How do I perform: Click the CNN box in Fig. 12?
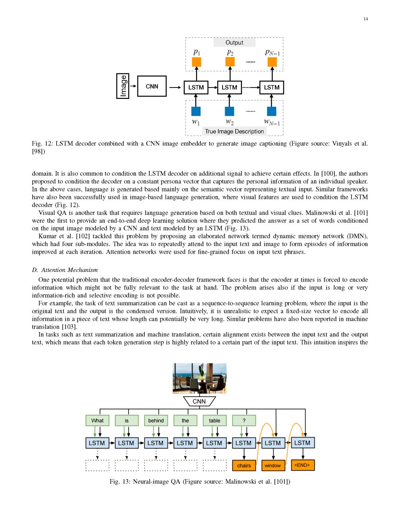[152, 86]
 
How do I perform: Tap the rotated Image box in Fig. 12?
[123, 86]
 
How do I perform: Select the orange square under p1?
[197, 62]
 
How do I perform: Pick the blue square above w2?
[230, 111]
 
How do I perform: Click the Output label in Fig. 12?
[234, 43]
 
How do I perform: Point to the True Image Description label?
[234, 132]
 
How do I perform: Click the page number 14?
[366, 19]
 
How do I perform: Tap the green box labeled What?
[97, 421]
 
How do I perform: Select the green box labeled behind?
[156, 421]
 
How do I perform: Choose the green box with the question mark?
[244, 421]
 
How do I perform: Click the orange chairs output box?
[244, 465]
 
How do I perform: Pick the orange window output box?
[273, 465]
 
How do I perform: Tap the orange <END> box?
[302, 465]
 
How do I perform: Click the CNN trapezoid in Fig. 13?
[199, 401]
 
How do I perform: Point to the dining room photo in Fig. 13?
[200, 378]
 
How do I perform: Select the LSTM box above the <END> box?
[302, 443]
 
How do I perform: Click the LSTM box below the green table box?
[214, 443]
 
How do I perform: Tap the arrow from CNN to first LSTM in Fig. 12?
[175, 87]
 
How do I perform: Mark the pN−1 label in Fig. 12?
[272, 53]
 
